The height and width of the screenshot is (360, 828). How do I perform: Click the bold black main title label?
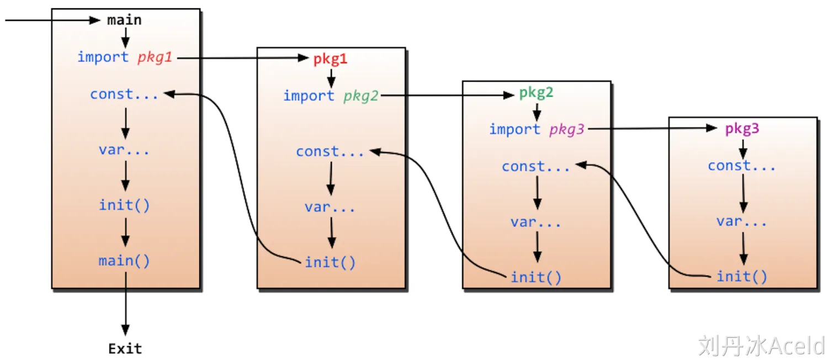(124, 20)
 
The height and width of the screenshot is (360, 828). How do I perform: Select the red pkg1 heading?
(330, 59)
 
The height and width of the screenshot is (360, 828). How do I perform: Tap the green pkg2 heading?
(536, 93)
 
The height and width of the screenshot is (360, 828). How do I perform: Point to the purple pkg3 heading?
(742, 129)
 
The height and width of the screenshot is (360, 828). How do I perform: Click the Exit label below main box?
(125, 349)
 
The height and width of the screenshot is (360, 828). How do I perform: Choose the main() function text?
(124, 261)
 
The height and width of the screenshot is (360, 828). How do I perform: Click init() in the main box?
(124, 205)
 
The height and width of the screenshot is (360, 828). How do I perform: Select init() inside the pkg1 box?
(330, 263)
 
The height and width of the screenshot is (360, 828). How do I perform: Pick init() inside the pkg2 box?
(536, 277)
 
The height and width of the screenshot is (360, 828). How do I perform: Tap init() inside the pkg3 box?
(742, 277)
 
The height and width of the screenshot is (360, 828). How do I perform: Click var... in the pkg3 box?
(742, 221)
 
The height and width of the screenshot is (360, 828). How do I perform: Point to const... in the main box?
(124, 94)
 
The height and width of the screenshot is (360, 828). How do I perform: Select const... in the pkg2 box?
(535, 166)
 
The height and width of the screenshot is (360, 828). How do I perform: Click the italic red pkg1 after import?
(155, 57)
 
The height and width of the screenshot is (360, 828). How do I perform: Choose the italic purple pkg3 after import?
(567, 130)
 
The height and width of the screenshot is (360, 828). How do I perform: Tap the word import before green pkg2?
(309, 96)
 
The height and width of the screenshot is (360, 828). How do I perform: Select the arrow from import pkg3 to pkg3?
(651, 129)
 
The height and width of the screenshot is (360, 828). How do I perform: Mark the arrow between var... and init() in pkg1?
(331, 232)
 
